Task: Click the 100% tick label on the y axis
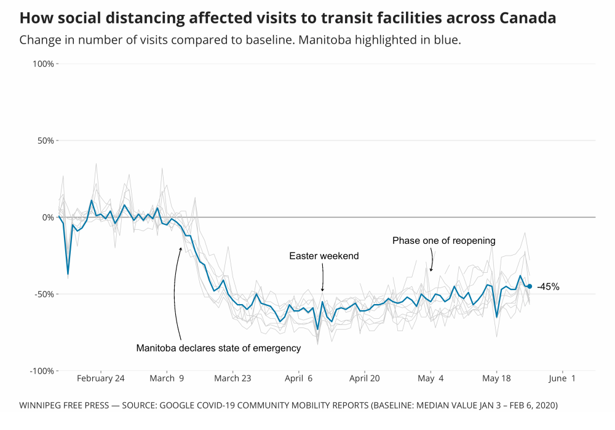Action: (x=45, y=64)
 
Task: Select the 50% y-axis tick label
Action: (x=47, y=141)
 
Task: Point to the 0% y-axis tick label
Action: (x=49, y=217)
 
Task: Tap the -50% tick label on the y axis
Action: (x=46, y=294)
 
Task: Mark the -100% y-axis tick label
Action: (x=44, y=371)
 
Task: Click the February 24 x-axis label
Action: (x=100, y=378)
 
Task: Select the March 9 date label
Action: (x=167, y=378)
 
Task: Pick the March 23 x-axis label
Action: (x=232, y=378)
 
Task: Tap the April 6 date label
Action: (x=299, y=378)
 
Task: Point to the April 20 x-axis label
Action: (x=365, y=378)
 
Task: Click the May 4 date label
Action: (x=430, y=378)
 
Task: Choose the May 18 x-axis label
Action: (x=497, y=378)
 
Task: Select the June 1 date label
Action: (x=563, y=378)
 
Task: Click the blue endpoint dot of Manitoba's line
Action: (x=530, y=286)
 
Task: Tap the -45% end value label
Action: (x=548, y=287)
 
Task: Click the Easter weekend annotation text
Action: (x=324, y=256)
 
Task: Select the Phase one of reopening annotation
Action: (x=444, y=240)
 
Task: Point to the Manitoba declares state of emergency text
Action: (x=218, y=348)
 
